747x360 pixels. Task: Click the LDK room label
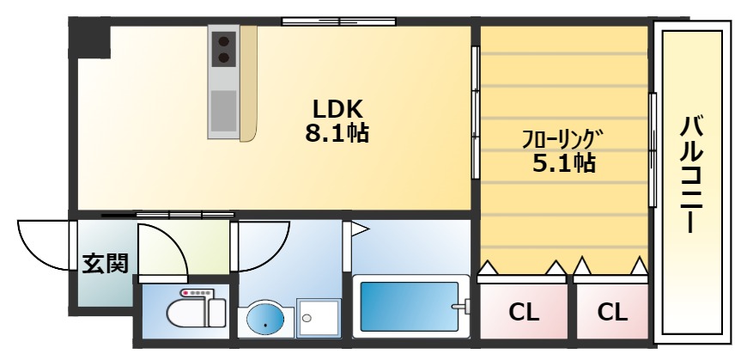pos(337,109)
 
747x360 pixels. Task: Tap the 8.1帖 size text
pos(337,134)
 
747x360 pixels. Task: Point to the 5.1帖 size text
pos(564,162)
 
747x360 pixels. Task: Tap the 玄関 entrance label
pos(105,263)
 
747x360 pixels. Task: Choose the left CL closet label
pos(524,312)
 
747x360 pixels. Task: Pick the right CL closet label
pos(612,312)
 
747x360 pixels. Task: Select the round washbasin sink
pos(265,320)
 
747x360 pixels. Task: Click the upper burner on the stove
pos(225,40)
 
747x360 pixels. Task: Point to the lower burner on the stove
pos(225,58)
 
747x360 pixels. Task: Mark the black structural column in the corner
pos(90,40)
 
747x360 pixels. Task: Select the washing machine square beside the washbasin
pos(319,320)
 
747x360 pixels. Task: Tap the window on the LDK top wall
pos(338,21)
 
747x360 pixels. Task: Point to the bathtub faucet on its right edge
pos(465,307)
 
